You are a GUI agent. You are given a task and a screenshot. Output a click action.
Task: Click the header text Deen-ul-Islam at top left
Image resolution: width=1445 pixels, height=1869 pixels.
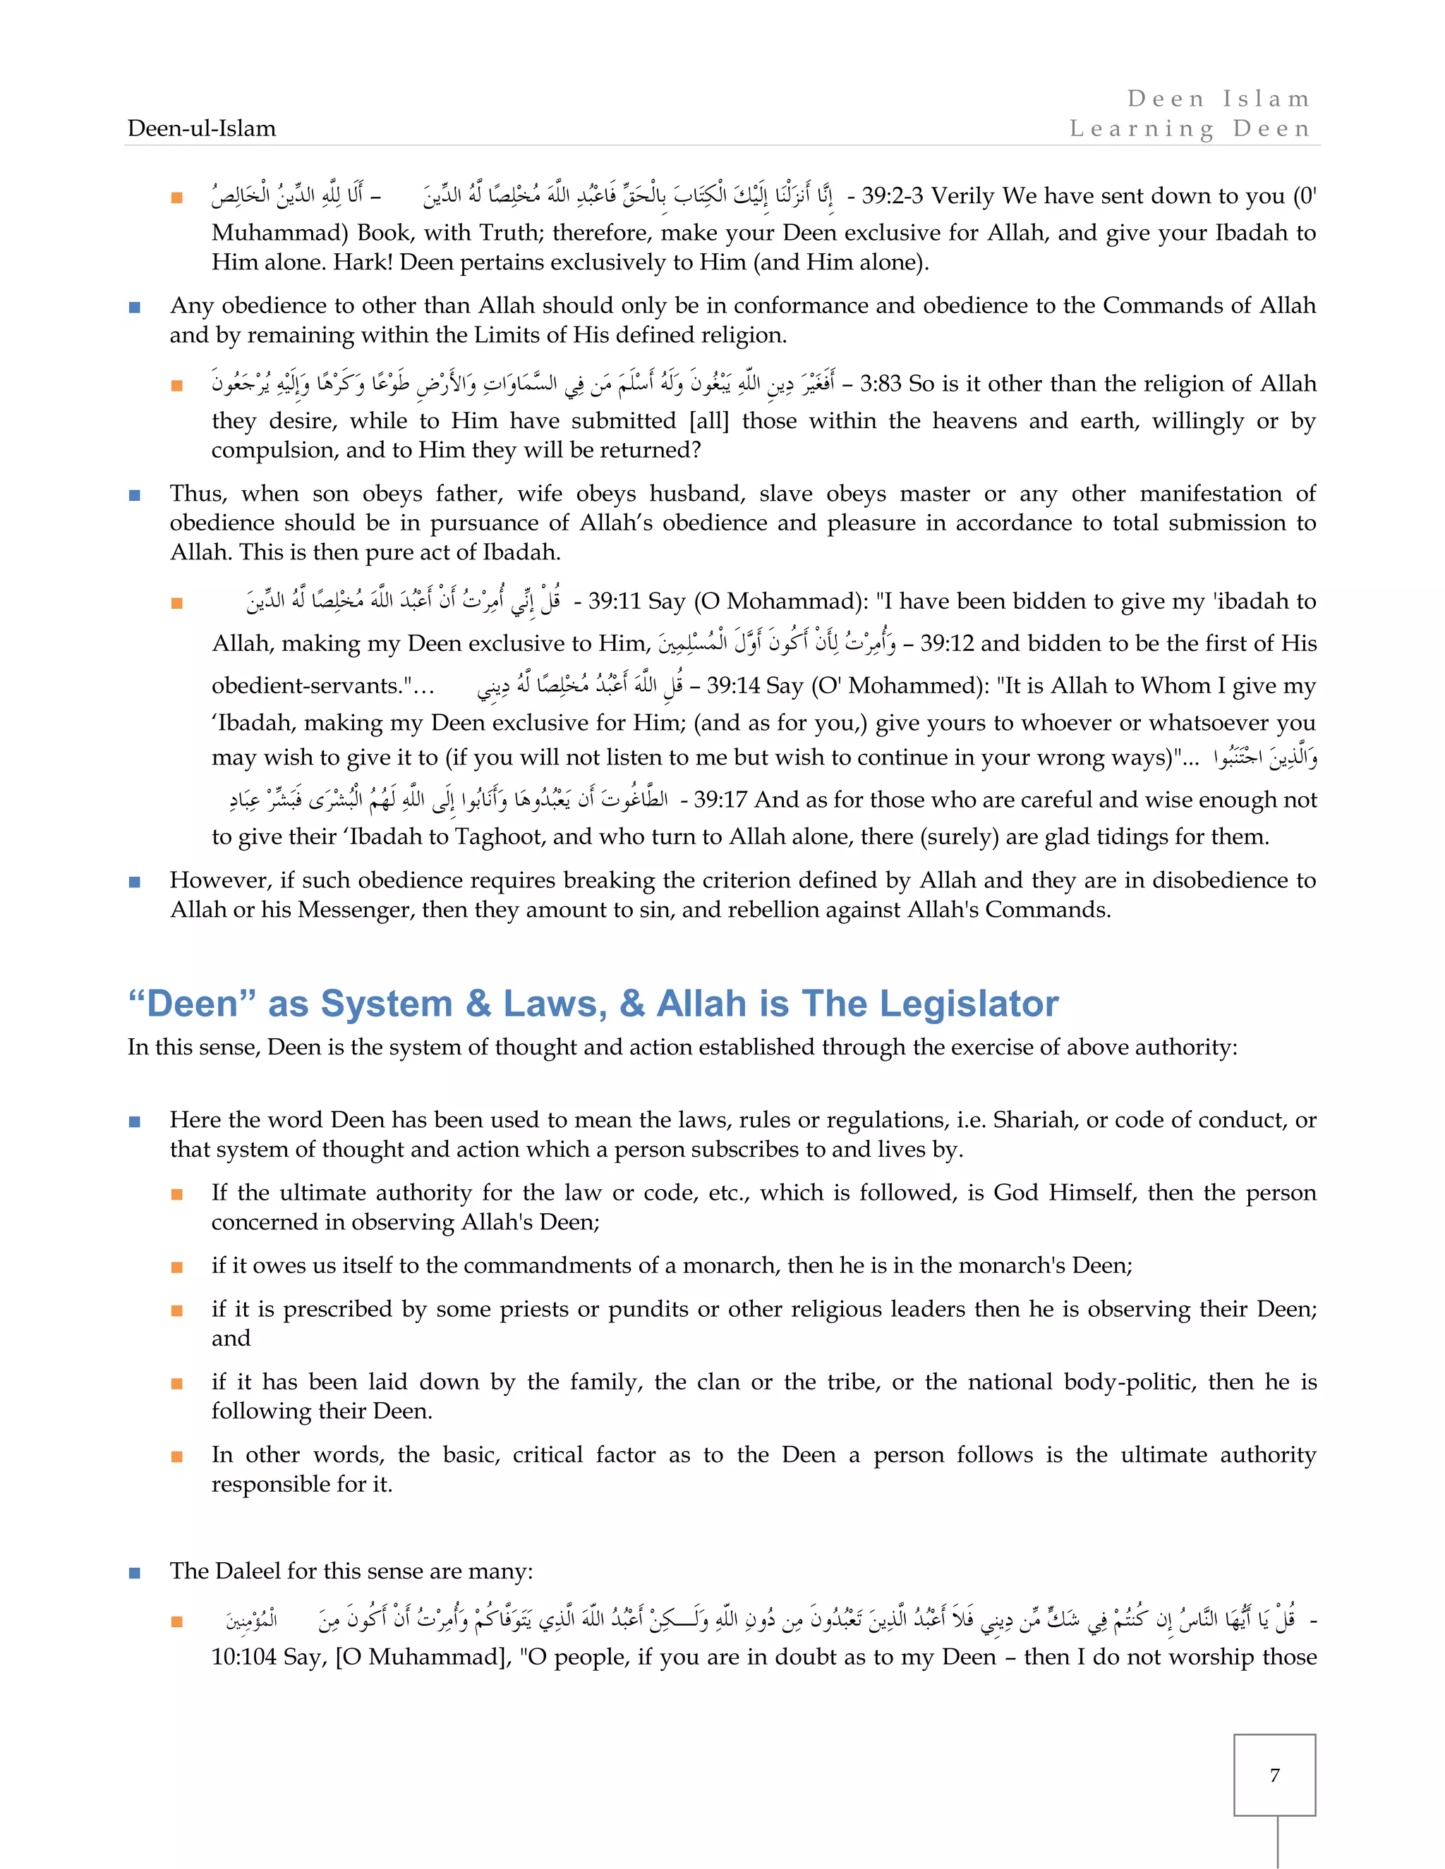tap(201, 128)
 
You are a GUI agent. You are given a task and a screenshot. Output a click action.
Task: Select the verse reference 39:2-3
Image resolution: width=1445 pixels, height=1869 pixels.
tap(892, 196)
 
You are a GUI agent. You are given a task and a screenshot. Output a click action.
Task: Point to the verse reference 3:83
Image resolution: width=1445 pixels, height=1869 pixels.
tap(880, 384)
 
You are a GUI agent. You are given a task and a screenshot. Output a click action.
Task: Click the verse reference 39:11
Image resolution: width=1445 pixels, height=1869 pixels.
tap(614, 602)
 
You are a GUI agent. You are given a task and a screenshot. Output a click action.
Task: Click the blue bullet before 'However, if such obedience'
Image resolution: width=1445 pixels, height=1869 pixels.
tap(134, 882)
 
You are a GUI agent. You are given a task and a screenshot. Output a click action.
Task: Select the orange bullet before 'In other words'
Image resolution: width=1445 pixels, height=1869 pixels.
tap(177, 1456)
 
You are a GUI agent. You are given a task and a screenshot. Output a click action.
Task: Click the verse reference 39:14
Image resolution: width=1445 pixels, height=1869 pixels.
tap(733, 686)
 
